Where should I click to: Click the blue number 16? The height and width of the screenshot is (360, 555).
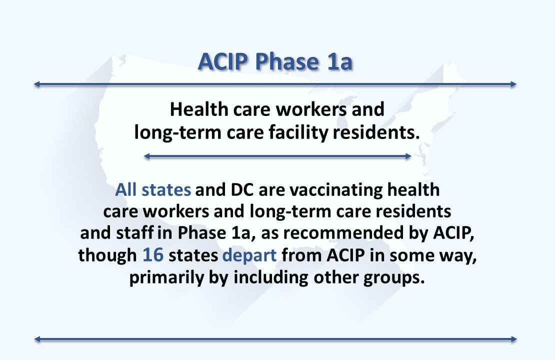point(153,255)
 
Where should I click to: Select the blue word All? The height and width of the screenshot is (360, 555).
point(125,190)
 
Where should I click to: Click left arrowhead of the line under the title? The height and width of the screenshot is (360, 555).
point(36,84)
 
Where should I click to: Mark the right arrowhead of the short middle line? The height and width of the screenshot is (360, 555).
point(408,156)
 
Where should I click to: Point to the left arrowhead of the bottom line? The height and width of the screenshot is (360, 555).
point(36,339)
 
